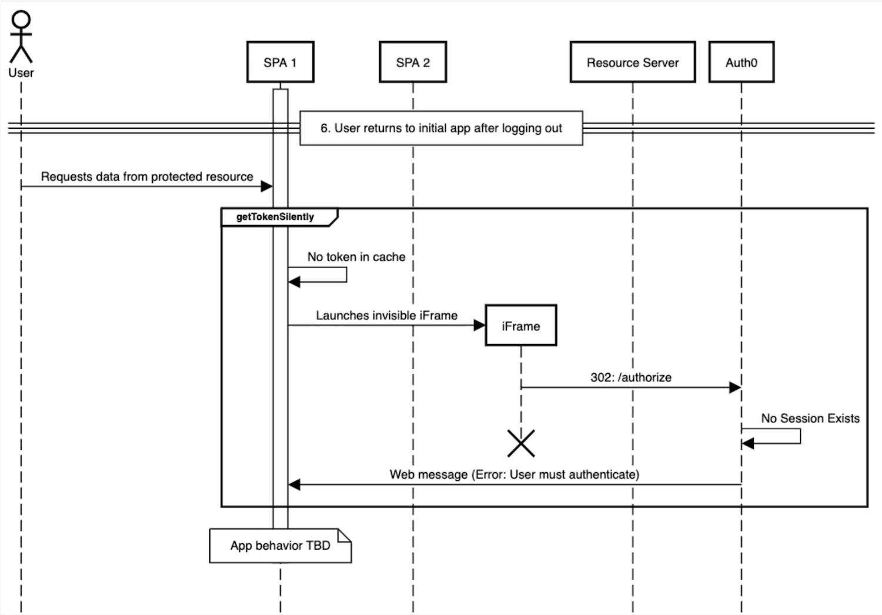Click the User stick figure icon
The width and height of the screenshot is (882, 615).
(x=21, y=37)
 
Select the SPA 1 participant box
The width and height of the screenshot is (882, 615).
(x=280, y=62)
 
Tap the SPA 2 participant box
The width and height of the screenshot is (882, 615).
(x=413, y=62)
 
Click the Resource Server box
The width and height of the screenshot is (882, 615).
(x=633, y=62)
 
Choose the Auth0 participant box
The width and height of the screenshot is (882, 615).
(x=741, y=62)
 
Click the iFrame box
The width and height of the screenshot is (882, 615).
(x=520, y=326)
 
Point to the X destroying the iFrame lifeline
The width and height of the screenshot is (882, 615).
(x=521, y=443)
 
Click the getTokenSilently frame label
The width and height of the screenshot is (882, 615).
(x=275, y=217)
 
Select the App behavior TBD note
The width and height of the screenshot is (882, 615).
(x=280, y=546)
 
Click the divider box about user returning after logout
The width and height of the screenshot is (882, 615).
(x=441, y=128)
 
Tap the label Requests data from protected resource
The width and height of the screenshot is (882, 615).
(x=147, y=176)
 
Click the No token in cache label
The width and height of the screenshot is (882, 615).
(x=356, y=257)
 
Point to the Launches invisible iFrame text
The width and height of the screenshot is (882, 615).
(x=386, y=315)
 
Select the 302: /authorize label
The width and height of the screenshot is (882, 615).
(x=631, y=377)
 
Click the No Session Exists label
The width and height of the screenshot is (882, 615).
(x=810, y=418)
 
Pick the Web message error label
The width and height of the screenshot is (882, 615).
(x=514, y=474)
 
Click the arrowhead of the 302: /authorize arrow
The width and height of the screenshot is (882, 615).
(x=735, y=387)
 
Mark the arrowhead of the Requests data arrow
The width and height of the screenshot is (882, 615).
(x=267, y=186)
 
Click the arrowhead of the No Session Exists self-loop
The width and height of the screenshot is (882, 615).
(x=748, y=443)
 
